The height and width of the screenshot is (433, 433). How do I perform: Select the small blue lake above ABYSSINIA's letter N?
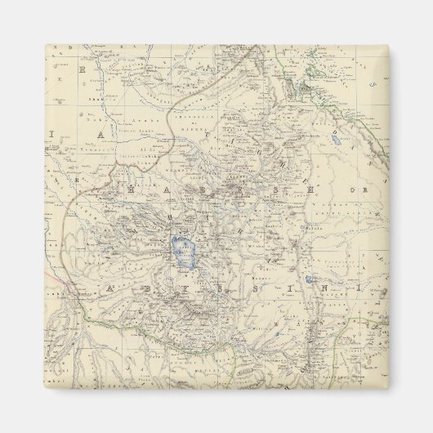[x=307, y=279]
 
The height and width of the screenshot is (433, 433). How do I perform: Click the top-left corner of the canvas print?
[x=44, y=45]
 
